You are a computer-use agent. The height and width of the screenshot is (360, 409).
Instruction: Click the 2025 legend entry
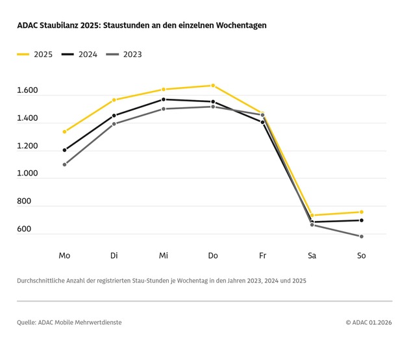coord(35,55)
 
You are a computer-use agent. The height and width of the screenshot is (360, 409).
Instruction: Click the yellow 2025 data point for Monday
coord(64,131)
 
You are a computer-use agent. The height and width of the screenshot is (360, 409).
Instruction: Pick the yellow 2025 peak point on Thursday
coord(213,85)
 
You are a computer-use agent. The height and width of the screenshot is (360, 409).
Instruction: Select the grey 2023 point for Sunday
coord(361,237)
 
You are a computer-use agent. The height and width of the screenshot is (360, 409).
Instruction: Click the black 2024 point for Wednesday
coord(164,99)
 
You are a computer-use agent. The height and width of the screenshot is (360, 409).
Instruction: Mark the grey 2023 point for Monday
coord(64,164)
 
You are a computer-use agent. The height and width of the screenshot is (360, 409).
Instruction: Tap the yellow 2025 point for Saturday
coord(312,215)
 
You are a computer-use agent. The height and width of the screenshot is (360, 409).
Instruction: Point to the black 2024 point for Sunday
coord(361,220)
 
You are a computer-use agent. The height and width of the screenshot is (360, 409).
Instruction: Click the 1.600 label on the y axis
coord(28,91)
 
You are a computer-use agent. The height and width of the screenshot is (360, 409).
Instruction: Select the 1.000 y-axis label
coord(28,174)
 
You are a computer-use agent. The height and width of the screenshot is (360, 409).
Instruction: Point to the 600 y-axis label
coord(25,229)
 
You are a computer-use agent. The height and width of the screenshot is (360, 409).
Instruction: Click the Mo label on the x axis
coord(64,256)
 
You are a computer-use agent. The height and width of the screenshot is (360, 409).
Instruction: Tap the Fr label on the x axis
coord(262,256)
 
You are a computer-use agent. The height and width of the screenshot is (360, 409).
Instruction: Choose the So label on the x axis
coord(361,256)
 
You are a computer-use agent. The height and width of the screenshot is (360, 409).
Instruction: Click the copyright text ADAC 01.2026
coord(371,322)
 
